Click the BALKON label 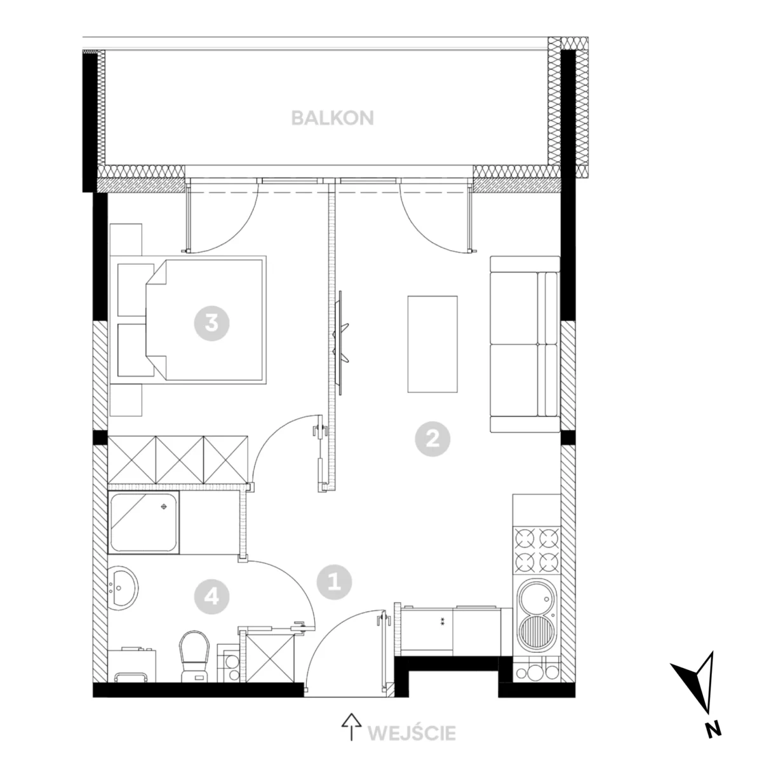click(x=332, y=118)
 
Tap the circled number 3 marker click(x=211, y=323)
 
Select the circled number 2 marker click(x=432, y=439)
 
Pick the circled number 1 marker click(x=334, y=582)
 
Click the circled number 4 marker click(x=211, y=596)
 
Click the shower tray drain click(x=164, y=507)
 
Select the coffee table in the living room click(x=432, y=344)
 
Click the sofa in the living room click(x=525, y=344)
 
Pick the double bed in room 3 click(x=188, y=319)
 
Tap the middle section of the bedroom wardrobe click(x=179, y=460)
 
